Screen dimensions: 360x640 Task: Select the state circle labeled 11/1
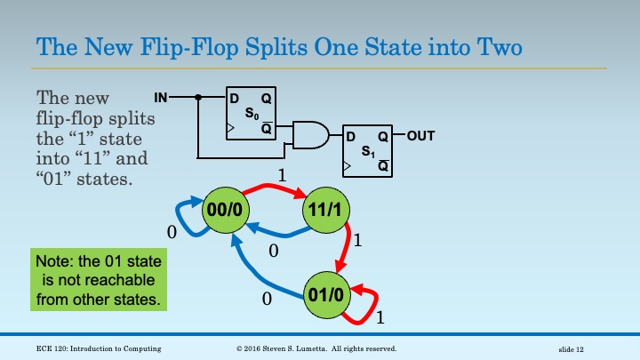(x=327, y=209)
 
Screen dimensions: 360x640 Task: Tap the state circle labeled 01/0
(x=326, y=292)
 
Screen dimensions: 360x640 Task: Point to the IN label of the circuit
(x=160, y=96)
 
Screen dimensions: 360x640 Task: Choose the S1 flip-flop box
(x=367, y=152)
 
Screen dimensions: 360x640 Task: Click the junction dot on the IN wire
(x=200, y=96)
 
